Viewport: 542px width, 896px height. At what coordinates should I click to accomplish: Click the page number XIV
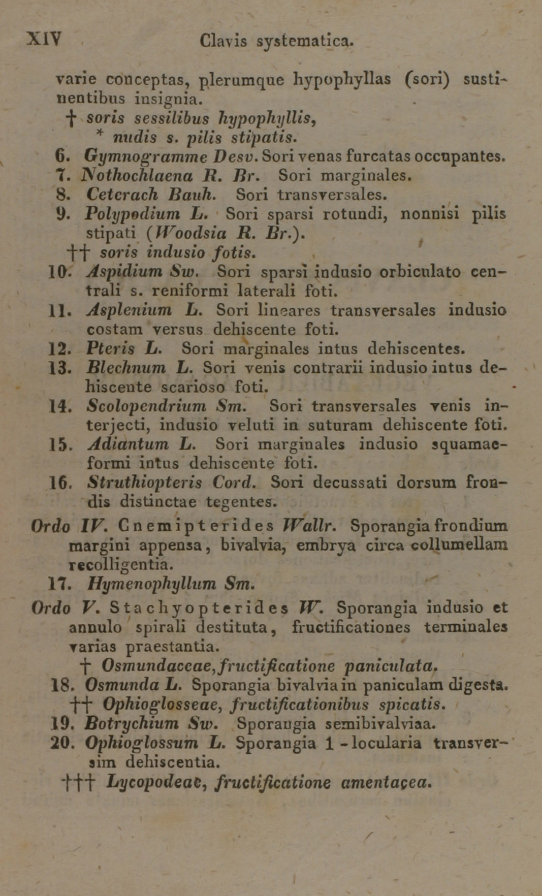coord(44,39)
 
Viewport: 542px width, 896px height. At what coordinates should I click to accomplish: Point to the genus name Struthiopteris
coord(144,482)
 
